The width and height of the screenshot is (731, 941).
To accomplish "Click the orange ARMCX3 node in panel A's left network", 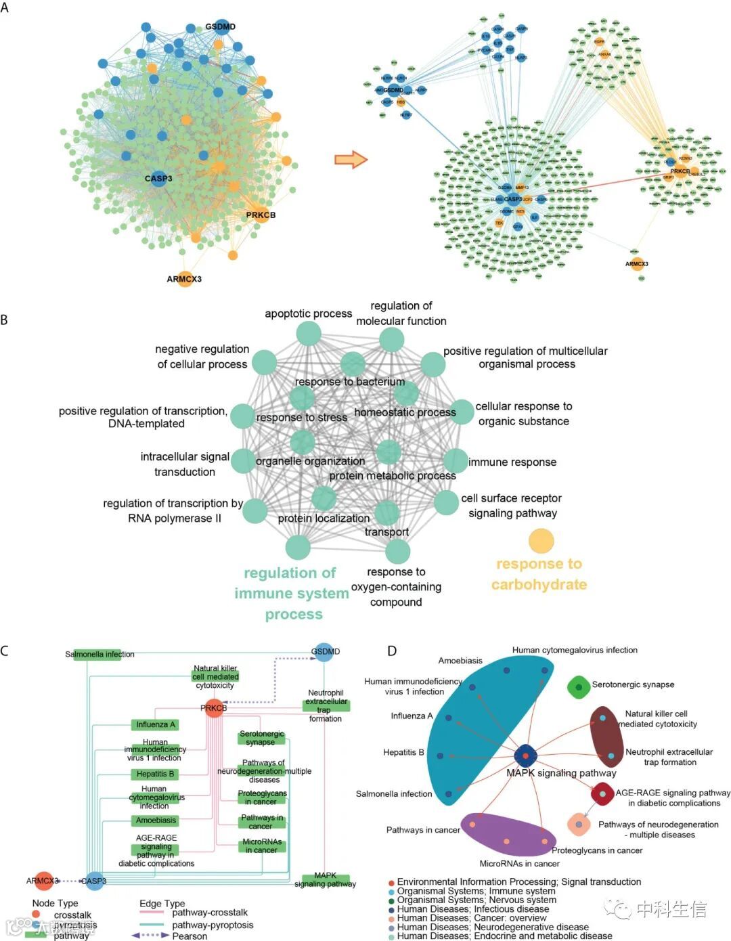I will click(x=185, y=278).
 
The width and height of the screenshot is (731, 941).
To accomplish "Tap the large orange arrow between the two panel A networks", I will click(x=351, y=160).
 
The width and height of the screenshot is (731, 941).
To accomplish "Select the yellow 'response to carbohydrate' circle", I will click(x=541, y=542).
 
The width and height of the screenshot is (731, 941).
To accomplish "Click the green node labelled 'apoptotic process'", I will click(x=309, y=333).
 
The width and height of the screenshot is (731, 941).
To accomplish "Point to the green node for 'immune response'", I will click(x=456, y=461).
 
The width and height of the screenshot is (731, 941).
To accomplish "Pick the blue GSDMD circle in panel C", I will click(x=325, y=652).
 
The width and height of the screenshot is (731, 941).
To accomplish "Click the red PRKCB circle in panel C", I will click(x=214, y=708).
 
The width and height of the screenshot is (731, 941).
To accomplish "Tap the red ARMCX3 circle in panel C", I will click(x=43, y=881).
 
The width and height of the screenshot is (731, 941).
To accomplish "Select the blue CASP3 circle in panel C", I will click(x=94, y=881).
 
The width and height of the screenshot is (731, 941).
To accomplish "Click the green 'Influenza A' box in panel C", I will click(x=156, y=724).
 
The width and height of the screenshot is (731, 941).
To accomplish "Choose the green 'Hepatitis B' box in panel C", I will click(x=155, y=774).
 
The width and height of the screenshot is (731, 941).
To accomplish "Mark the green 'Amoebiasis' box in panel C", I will click(x=156, y=820).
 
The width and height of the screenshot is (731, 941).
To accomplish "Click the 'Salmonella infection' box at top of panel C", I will click(x=99, y=655).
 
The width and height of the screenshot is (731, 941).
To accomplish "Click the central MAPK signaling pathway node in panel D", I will click(x=526, y=756).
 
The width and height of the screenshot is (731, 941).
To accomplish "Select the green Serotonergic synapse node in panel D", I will click(x=579, y=688).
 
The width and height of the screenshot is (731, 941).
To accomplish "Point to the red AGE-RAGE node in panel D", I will click(x=602, y=794).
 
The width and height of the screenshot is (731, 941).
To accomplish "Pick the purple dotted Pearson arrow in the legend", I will click(x=150, y=936).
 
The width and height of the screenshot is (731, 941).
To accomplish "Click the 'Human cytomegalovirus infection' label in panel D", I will click(x=575, y=651).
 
